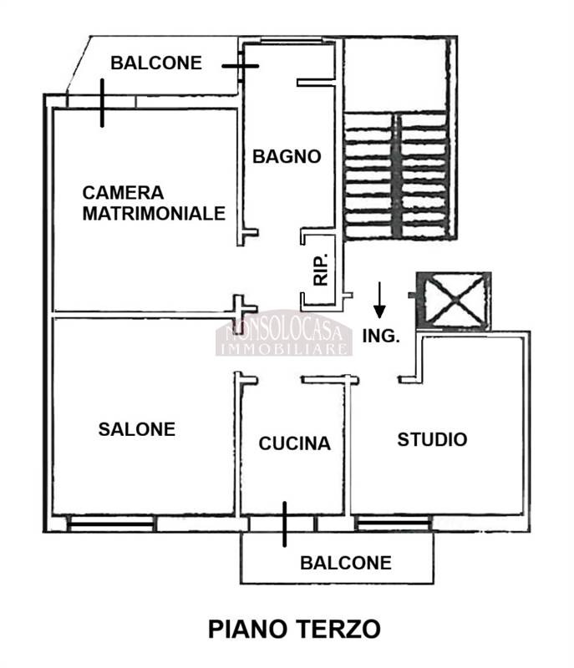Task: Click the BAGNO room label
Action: pos(287,156)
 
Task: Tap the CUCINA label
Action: pos(294,443)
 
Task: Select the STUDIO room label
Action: pos(432,440)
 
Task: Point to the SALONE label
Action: pos(137,429)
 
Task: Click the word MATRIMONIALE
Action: pos(154,214)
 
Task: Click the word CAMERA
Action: pos(123,193)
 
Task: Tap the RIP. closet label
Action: pos(321,269)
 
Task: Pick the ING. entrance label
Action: pos(381,337)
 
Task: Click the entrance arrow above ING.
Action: pos(378,300)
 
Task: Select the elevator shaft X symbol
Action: pos(455,300)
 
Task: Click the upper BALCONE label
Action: pos(156,63)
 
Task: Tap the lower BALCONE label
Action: pos(346,563)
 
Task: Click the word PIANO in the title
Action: pos(247,629)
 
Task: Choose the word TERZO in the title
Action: pos(338,629)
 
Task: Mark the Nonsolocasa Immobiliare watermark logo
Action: pos(284,333)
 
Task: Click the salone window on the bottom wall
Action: pos(112,524)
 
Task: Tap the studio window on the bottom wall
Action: pos(394,524)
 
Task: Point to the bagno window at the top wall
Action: pos(291,41)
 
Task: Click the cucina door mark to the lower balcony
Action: pos(285,524)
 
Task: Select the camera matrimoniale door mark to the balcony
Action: pos(102,103)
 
